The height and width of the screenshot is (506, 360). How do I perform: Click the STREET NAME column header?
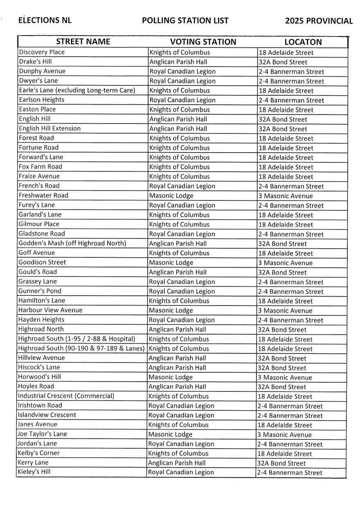pyautogui.click(x=83, y=42)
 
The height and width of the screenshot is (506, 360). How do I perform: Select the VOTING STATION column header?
pyautogui.click(x=203, y=42)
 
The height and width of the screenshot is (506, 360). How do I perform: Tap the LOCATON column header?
pyautogui.click(x=303, y=42)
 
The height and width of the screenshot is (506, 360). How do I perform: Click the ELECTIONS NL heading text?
pyautogui.click(x=45, y=20)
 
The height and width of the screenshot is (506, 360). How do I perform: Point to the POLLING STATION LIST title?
pyautogui.click(x=185, y=20)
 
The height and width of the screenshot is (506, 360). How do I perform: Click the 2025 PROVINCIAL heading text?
pyautogui.click(x=319, y=21)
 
